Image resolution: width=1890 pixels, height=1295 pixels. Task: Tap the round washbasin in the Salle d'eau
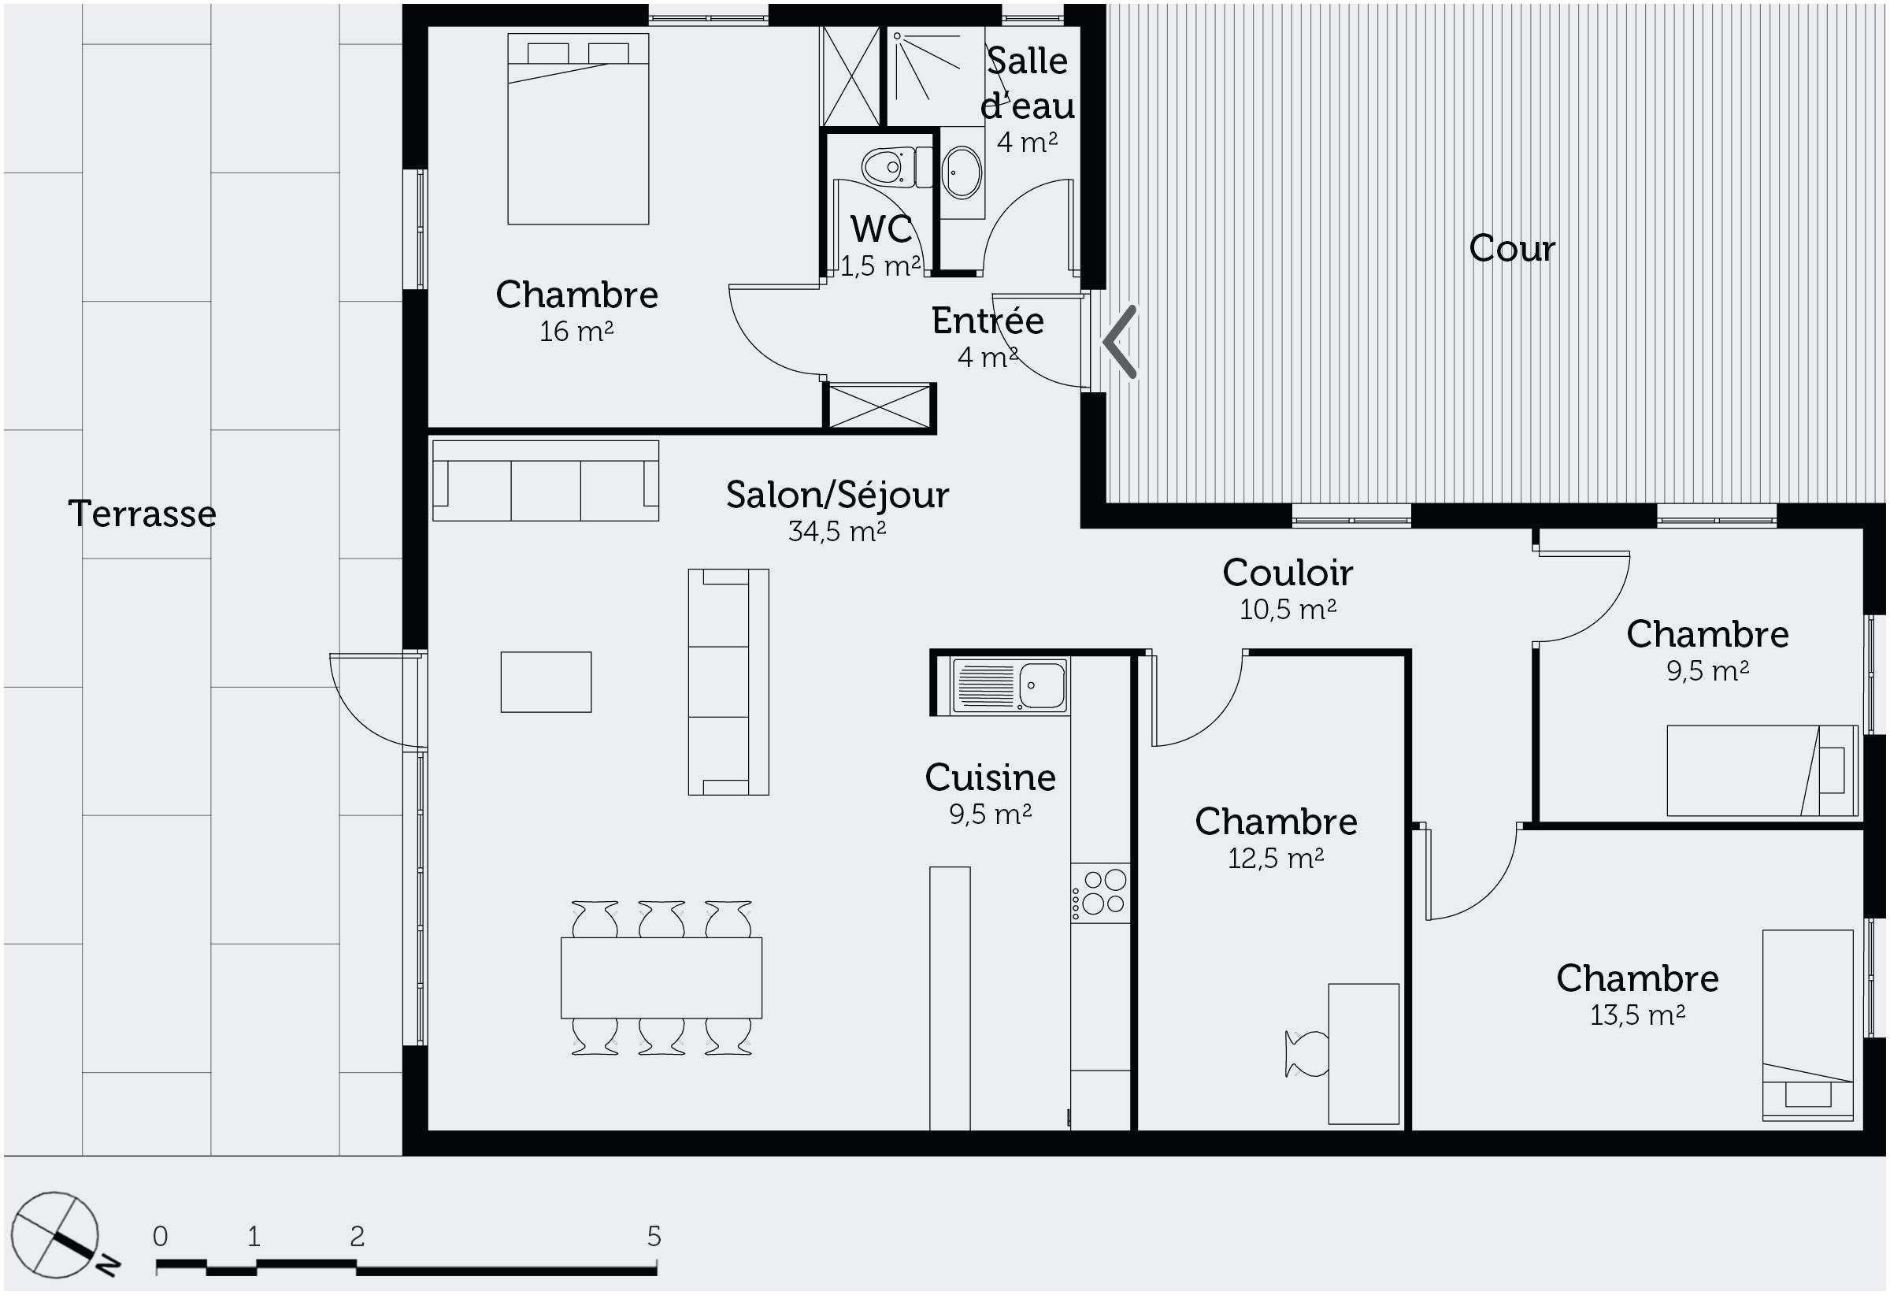962,172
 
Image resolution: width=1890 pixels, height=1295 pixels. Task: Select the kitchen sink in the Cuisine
1010,687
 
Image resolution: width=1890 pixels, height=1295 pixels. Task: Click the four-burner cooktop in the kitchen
1100,893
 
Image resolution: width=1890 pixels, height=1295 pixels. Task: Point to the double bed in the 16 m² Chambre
578,128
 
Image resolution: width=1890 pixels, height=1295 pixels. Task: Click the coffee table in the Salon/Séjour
546,681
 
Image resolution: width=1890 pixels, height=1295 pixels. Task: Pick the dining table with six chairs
661,978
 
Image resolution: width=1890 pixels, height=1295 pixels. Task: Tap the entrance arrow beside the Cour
1119,342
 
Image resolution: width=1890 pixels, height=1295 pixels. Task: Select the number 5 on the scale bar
654,1237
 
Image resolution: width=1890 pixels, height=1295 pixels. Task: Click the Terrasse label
143,514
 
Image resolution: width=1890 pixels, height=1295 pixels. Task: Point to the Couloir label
1288,573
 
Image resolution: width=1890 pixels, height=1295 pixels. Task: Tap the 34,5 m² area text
837,531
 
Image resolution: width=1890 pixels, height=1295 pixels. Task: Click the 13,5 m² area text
1637,1015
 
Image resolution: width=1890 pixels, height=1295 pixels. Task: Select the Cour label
1512,248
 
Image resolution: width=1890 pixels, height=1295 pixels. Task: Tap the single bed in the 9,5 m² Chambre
1762,770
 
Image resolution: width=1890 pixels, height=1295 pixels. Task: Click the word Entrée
988,321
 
